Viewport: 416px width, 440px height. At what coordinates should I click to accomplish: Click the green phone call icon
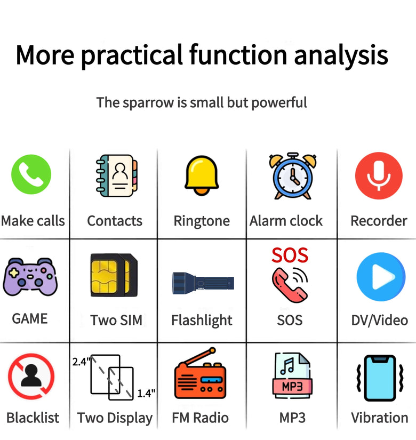click(x=31, y=174)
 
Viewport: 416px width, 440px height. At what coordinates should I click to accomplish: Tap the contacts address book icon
click(x=116, y=175)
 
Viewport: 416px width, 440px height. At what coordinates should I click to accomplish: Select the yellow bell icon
click(x=202, y=175)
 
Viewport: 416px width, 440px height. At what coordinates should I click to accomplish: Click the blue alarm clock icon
click(x=293, y=176)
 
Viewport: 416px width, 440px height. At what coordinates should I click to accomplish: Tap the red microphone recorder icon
click(x=379, y=175)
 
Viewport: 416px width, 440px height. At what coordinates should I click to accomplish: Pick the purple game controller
click(x=30, y=277)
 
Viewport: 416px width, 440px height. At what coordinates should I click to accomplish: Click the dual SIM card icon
click(x=114, y=275)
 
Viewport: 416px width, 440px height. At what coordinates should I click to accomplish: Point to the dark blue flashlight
click(x=203, y=283)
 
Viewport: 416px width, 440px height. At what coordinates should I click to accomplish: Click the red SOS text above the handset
click(x=290, y=255)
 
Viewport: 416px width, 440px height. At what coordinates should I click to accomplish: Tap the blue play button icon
click(x=381, y=277)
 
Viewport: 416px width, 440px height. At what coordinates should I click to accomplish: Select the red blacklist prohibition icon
click(x=31, y=376)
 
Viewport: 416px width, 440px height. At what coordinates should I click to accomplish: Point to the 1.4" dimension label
click(x=146, y=394)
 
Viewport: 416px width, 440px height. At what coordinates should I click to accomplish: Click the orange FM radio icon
click(x=200, y=374)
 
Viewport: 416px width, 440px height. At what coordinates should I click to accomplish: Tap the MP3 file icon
click(x=292, y=375)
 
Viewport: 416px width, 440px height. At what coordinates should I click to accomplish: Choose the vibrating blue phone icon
click(x=380, y=378)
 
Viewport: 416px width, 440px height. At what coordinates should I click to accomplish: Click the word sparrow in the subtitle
click(x=148, y=103)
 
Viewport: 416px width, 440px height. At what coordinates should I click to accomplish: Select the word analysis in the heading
click(x=341, y=55)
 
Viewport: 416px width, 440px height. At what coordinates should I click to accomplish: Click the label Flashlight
click(x=202, y=321)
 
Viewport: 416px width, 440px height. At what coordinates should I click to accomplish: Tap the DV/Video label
click(x=380, y=320)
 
